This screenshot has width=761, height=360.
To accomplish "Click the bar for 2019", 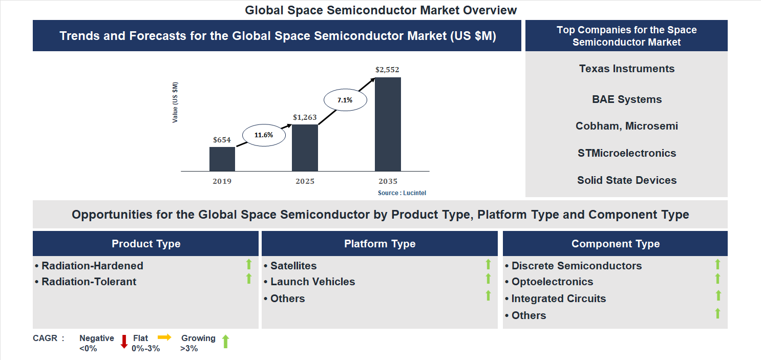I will [x=222, y=159].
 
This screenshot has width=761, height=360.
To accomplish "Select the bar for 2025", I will [x=305, y=147].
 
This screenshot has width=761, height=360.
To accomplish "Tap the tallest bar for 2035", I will [x=388, y=124].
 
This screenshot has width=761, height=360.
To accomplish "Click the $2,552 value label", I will [x=387, y=69].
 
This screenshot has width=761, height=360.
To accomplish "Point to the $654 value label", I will [x=222, y=139].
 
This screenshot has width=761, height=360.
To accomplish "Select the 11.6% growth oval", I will [x=263, y=135].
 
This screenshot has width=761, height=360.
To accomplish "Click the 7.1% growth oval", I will [x=345, y=100].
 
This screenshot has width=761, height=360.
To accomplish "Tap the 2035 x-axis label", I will [x=388, y=181].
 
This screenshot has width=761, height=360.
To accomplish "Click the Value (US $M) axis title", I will [x=175, y=102].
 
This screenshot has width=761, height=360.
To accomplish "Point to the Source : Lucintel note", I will [x=402, y=193].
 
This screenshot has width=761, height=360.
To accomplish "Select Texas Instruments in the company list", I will [x=627, y=69].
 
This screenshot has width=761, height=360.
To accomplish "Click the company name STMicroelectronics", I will [x=627, y=153].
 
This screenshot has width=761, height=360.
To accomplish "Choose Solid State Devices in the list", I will [x=627, y=180].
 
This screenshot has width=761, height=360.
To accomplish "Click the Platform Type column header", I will [x=379, y=244].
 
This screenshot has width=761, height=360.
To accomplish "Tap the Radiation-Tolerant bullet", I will [x=89, y=282].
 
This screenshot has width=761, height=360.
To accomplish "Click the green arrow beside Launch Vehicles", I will [x=488, y=279].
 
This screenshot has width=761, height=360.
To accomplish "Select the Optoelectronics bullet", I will [x=552, y=282].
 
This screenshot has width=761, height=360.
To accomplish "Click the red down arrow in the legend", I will [x=124, y=342].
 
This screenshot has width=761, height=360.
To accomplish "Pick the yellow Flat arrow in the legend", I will [x=164, y=337].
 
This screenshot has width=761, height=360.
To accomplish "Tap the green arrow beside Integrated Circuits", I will [x=718, y=295].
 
